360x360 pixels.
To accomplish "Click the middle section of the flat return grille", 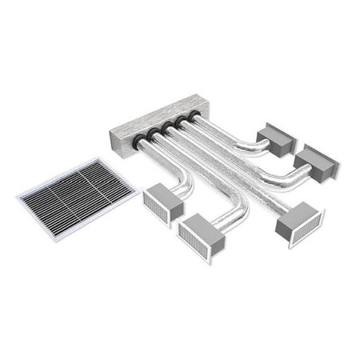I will click(77, 188).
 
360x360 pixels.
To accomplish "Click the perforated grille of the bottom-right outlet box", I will click(298, 230).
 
